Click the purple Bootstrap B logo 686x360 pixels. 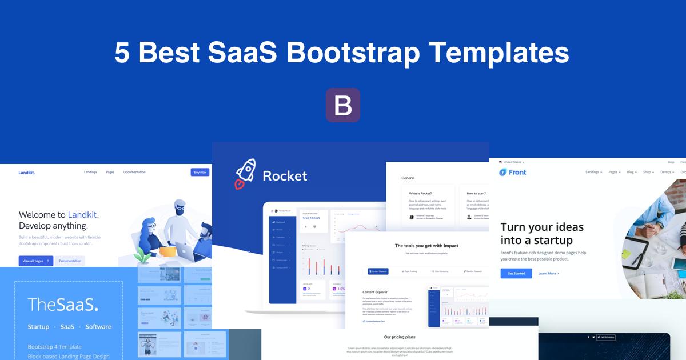click(342, 105)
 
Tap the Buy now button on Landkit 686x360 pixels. click(200, 172)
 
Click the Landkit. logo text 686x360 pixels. click(26, 172)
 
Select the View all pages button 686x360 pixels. click(35, 261)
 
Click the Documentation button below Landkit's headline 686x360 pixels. click(70, 261)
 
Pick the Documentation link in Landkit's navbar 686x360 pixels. click(134, 172)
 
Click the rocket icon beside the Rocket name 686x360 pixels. click(245, 175)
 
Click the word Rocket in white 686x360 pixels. click(285, 176)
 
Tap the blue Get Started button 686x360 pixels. click(516, 273)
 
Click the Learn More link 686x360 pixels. click(548, 273)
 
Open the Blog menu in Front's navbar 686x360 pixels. click(632, 172)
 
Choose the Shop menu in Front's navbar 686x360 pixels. click(648, 172)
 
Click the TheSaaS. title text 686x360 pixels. click(63, 305)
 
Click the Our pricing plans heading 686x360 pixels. click(400, 337)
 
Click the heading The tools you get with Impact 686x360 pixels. click(426, 246)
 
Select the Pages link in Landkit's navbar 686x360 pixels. click(110, 172)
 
